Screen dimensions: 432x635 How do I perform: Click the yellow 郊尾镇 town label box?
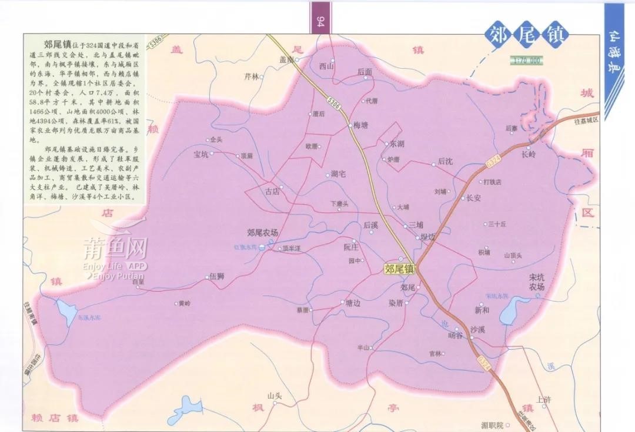pyautogui.click(x=400, y=269)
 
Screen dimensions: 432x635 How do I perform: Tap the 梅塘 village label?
pyautogui.click(x=360, y=125)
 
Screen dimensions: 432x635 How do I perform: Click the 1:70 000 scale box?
pyautogui.click(x=526, y=61)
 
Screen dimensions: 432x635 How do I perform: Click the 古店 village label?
pyautogui.click(x=272, y=191)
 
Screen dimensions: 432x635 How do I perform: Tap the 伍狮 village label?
pyautogui.click(x=217, y=276)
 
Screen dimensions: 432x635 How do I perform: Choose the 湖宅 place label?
pyautogui.click(x=338, y=174)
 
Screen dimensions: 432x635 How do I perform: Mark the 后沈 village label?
pyautogui.click(x=446, y=161)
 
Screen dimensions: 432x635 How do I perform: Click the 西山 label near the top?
pyautogui.click(x=326, y=66)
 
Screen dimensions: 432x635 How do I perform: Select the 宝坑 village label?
pyautogui.click(x=201, y=155)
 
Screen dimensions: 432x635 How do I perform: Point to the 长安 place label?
pyautogui.click(x=473, y=198)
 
